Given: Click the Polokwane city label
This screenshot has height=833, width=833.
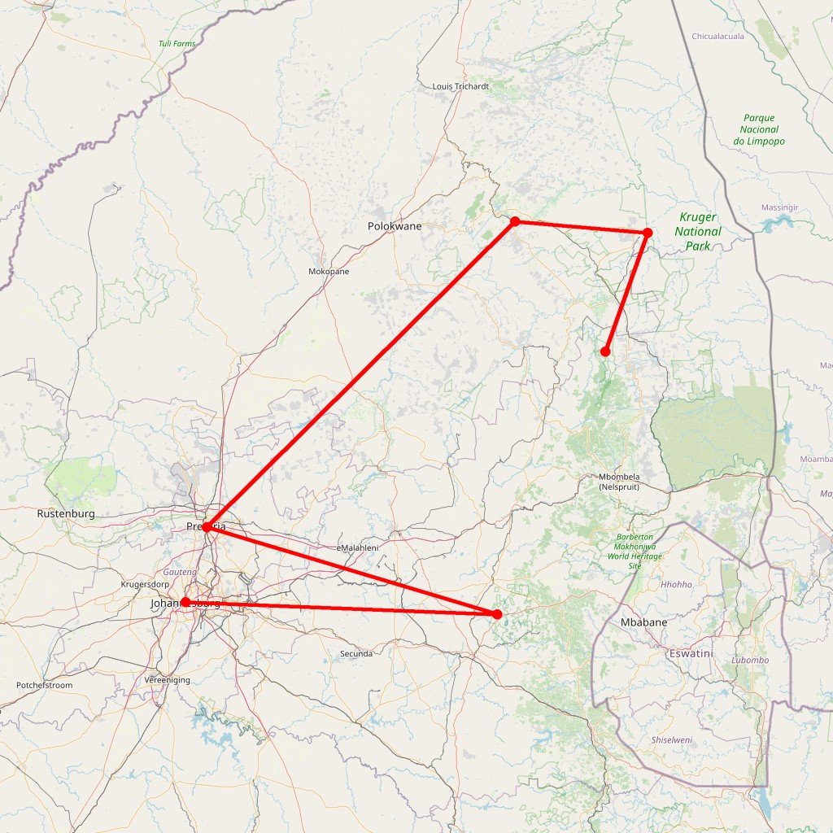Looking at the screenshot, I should tap(395, 226).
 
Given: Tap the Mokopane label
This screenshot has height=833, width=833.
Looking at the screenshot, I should tap(329, 272).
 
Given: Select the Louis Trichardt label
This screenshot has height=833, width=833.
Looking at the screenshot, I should tap(460, 86).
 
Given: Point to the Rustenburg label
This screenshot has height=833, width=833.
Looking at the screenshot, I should tap(66, 514).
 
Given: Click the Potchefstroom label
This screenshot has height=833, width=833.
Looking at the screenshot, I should tap(44, 686).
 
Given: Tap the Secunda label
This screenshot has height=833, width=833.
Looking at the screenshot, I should tap(356, 654).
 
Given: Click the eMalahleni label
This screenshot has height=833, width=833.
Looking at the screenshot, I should tap(357, 548).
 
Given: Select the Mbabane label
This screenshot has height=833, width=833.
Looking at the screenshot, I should tap(643, 622).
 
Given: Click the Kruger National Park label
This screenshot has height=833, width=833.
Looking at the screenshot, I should tap(699, 231).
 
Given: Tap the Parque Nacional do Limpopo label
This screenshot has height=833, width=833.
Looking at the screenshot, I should tap(759, 129).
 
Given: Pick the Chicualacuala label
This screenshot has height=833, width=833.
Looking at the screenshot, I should tap(718, 37).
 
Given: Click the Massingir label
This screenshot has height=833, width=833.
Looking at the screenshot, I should tap(779, 208).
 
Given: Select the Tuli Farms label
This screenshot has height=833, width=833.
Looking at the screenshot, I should tap(177, 43).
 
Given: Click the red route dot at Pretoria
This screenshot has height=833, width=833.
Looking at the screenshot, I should tap(207, 527).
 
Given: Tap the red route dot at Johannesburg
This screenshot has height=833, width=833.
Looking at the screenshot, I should tap(185, 602).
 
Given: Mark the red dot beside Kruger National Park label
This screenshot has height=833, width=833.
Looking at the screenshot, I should tap(648, 233).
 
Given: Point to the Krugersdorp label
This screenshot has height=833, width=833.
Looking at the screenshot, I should tap(145, 585).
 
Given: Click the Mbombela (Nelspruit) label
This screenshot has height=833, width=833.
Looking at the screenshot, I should tap(619, 481).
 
